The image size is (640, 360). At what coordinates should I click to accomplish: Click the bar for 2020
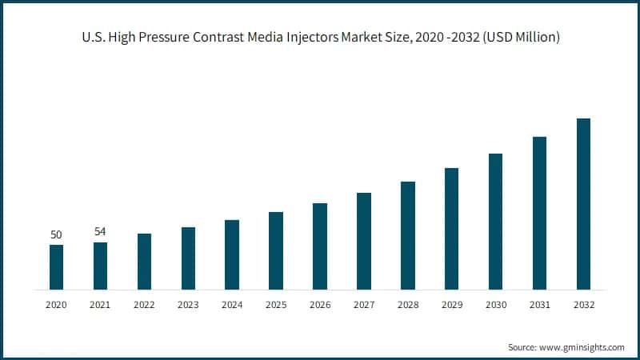point(56,267)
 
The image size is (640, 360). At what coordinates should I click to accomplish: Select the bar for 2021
point(100,266)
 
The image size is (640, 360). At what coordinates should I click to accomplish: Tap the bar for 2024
point(232,254)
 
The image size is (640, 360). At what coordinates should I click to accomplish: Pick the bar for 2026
point(320,246)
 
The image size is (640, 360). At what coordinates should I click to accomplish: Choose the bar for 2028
point(408,235)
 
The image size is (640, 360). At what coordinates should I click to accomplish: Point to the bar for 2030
point(495,222)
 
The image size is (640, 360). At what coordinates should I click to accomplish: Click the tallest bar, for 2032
point(583,204)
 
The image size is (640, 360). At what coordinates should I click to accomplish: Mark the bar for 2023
point(188,258)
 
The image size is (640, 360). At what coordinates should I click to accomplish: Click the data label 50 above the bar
point(56,234)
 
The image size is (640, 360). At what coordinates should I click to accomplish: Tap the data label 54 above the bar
point(100,232)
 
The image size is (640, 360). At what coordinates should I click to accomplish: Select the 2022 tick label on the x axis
point(144,305)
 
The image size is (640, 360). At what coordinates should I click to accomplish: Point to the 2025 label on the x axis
point(276,305)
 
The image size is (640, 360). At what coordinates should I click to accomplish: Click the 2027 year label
point(364,305)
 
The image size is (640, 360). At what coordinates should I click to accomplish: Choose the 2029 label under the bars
point(451,305)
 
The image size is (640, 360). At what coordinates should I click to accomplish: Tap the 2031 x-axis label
point(539,305)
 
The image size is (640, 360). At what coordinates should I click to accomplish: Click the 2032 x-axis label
point(583,305)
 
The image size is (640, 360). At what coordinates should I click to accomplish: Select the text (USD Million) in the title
point(521,38)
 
